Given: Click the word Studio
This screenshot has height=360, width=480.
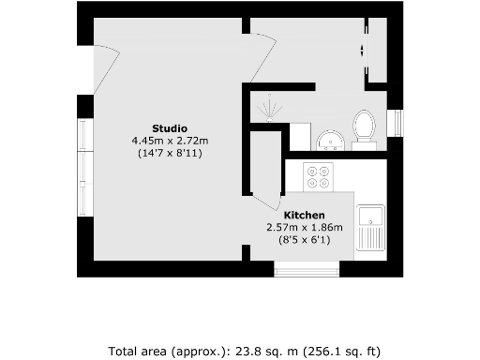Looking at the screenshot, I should pyautogui.click(x=170, y=127).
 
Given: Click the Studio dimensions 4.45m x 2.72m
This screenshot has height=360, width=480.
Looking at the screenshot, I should pyautogui.click(x=170, y=140).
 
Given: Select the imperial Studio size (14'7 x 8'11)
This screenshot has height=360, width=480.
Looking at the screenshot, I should pyautogui.click(x=170, y=152).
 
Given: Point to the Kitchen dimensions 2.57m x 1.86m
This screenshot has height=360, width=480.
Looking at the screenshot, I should pyautogui.click(x=304, y=227).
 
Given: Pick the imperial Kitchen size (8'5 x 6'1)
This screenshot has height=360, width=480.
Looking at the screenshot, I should pyautogui.click(x=304, y=239).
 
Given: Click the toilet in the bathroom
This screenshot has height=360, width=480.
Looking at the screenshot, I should pyautogui.click(x=363, y=127).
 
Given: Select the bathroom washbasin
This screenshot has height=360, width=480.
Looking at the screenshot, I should pyautogui.click(x=329, y=141).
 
